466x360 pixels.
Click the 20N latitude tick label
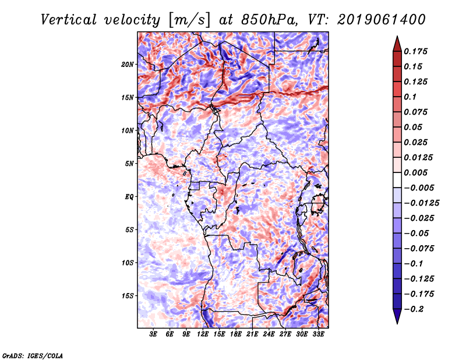[128, 64]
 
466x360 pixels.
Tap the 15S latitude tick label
[128, 295]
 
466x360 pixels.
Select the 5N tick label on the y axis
[130, 164]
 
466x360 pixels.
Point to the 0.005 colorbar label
[418, 172]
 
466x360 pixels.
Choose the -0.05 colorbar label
[418, 233]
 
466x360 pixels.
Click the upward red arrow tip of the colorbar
[397, 39]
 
